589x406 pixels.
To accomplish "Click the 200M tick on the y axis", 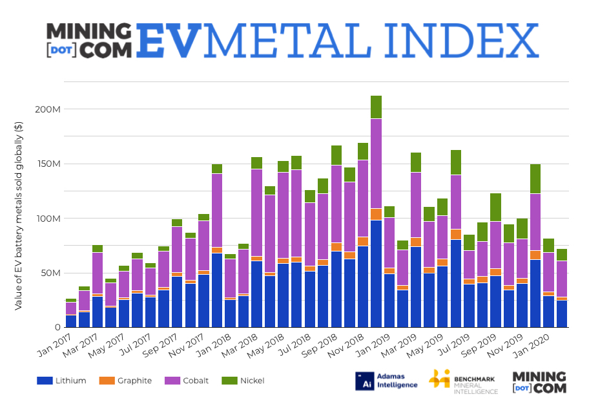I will point(48,109).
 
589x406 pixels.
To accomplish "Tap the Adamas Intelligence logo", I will point(386,381).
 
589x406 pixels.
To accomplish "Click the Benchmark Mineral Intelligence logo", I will point(463,381).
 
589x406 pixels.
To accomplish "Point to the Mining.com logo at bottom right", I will point(539,381).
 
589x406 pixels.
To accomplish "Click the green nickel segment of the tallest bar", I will point(376,107).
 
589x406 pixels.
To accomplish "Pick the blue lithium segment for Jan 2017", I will point(71,321).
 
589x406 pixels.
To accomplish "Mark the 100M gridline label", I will point(48,219).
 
